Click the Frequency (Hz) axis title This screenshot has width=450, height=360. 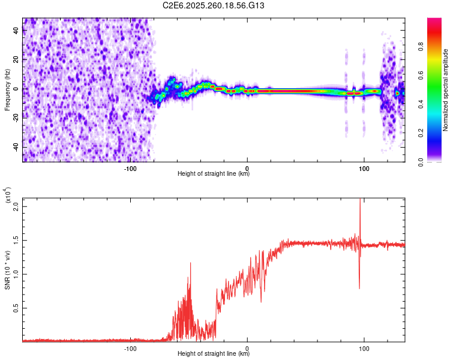[7, 89]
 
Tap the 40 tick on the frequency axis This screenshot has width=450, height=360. [16, 31]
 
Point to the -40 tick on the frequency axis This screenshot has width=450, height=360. [15, 147]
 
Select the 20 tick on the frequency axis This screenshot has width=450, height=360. [16, 60]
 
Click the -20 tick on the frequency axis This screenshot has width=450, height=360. [15, 118]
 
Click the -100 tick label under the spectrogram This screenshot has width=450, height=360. [131, 169]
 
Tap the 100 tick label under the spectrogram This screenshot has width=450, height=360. [364, 169]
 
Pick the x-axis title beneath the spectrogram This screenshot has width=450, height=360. [214, 174]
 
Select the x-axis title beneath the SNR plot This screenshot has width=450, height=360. [214, 353]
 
